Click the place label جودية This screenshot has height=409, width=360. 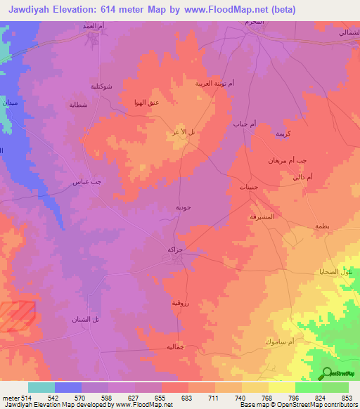(x=183, y=207)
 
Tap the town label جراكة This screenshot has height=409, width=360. (x=176, y=249)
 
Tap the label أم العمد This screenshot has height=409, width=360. (x=93, y=25)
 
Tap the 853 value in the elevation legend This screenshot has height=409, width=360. (x=347, y=398)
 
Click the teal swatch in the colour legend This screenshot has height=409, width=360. (x=41, y=387)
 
